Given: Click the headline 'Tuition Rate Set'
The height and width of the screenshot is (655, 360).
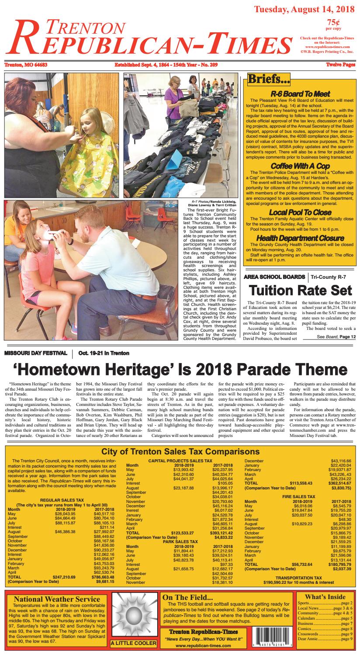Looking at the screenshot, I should point(300,290).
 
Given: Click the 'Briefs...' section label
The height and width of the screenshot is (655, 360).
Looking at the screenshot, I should point(269,79).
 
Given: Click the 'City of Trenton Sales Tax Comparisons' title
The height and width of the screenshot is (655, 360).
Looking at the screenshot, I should point(180,451).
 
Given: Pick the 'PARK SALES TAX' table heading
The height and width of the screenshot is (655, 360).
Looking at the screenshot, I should point(180,541).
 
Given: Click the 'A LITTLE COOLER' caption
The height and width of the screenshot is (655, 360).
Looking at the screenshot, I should point(133,643).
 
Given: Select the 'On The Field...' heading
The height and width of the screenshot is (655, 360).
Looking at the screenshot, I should point(187,597).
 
